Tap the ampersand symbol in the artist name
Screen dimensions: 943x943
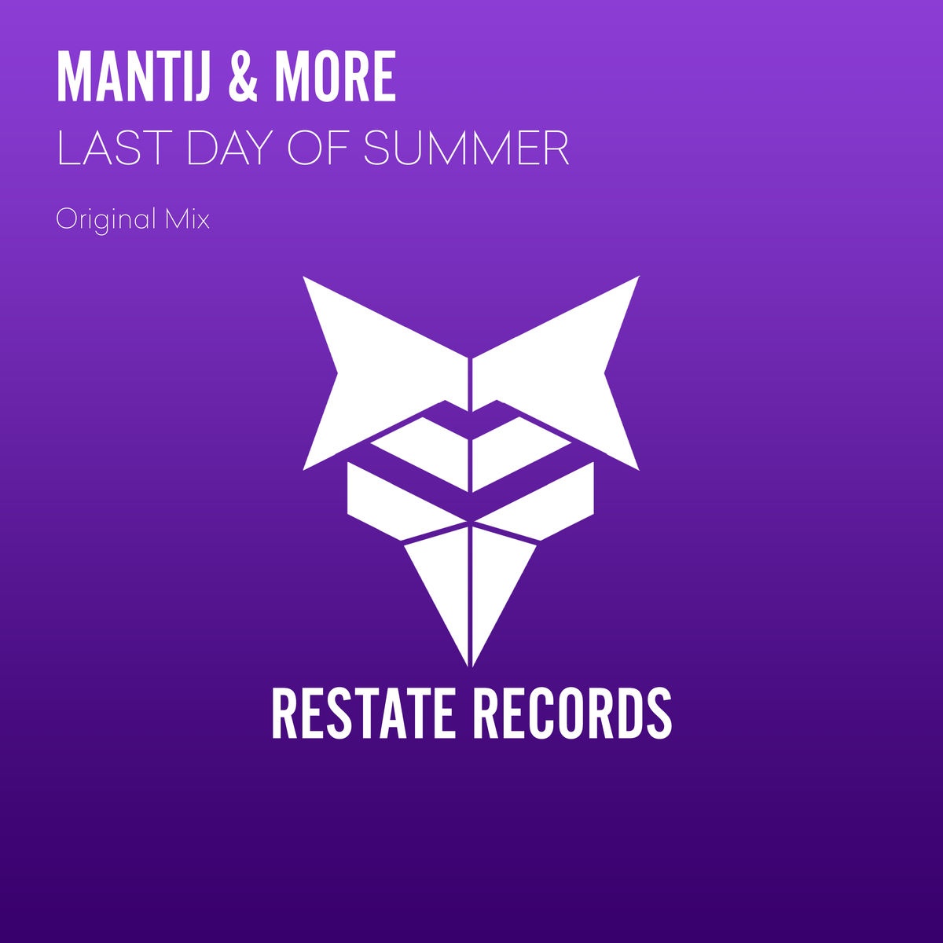pyautogui.click(x=243, y=76)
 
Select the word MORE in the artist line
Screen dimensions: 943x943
pyautogui.click(x=336, y=76)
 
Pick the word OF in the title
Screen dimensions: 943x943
pyautogui.click(x=321, y=148)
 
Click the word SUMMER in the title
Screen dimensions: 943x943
pyautogui.click(x=466, y=148)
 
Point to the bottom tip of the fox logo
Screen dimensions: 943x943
pyautogui.click(x=470, y=666)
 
